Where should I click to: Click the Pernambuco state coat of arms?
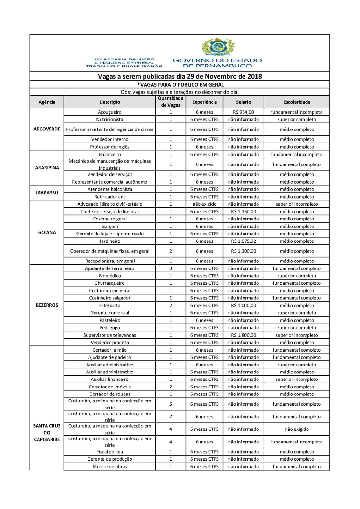coord(217,47)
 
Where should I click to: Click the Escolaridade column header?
coord(297,102)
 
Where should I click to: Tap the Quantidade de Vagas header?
coord(171,102)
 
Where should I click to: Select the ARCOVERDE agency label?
coord(47,129)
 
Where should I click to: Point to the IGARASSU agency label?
coord(47,193)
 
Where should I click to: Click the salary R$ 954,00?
coord(244,112)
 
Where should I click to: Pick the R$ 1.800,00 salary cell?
coord(244,335)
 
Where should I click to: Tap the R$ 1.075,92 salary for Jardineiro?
coord(244,241)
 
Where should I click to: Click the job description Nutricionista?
coord(109,119)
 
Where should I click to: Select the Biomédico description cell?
coord(109,276)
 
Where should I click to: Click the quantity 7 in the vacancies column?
coord(171,417)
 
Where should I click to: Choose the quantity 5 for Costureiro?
coord(171,404)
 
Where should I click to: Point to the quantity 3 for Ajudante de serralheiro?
coord(171,268)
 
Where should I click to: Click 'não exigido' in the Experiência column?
coord(204,204)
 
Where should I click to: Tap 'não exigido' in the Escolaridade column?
coord(297,429)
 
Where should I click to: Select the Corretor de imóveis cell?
coord(109,387)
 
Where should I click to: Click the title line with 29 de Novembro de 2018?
coord(180,76)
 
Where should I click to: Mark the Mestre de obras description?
coord(109,467)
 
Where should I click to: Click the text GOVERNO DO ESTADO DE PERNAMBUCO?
coord(217,63)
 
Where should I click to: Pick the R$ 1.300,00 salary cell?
coord(244,251)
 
